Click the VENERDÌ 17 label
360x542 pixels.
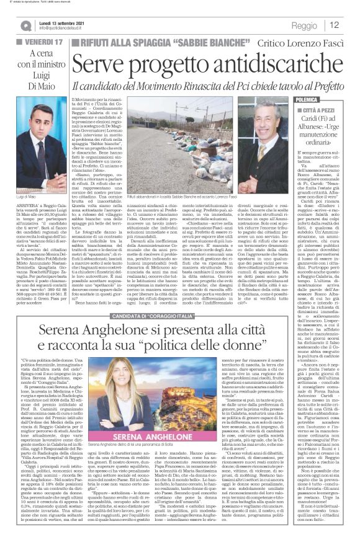37,42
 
